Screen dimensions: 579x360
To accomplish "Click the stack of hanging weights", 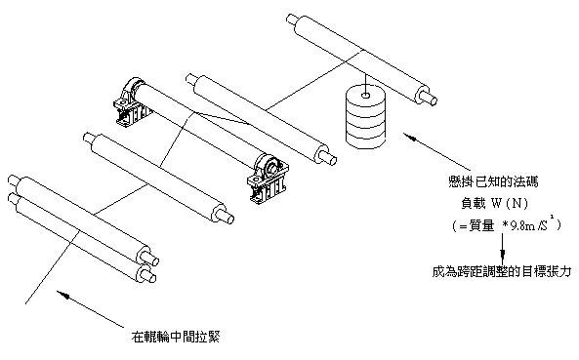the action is [x=365, y=116].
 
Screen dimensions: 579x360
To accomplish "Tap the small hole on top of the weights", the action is [x=365, y=96].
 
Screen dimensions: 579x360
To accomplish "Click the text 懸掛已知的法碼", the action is [x=493, y=181].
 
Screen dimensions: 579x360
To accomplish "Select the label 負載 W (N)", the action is [x=494, y=203].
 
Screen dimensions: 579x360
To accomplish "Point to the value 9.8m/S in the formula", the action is [x=528, y=225].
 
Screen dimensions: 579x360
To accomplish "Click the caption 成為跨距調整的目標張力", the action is [x=502, y=272].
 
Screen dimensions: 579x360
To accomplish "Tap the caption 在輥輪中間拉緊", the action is [x=176, y=337].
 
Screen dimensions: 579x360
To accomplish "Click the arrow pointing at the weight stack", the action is [x=432, y=151].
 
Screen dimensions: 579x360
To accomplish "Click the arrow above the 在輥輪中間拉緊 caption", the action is [x=90, y=309].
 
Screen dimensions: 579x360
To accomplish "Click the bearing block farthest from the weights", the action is [x=131, y=101].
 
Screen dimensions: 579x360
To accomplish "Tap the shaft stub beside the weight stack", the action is [x=431, y=99].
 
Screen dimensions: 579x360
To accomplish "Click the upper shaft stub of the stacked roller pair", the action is [x=150, y=258].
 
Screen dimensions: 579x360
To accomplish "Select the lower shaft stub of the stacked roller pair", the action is [x=147, y=275].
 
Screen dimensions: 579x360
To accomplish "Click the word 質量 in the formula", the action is [x=481, y=225].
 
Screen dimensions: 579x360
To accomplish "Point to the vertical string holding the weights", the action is [x=365, y=83].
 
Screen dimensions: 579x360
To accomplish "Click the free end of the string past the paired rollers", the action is [x=25, y=304].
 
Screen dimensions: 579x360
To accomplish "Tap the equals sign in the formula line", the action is [x=463, y=226].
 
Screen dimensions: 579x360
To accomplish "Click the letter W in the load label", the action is [x=497, y=203].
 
